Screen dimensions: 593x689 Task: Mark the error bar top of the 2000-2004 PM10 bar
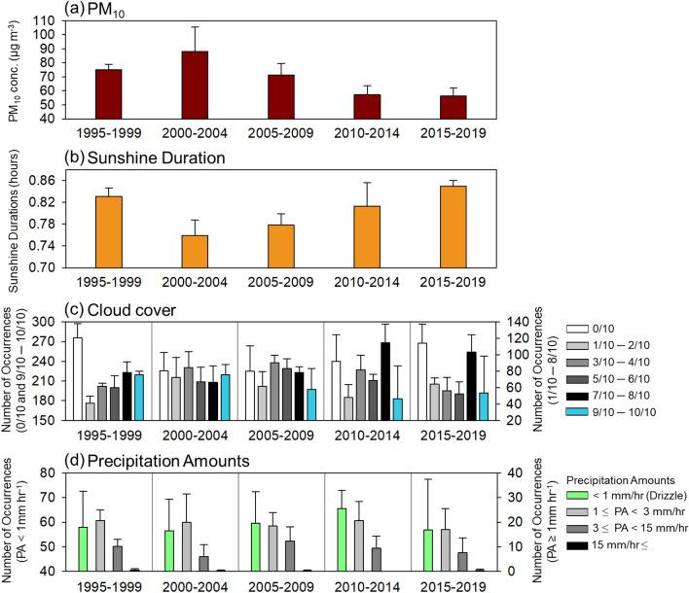(x=195, y=27)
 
